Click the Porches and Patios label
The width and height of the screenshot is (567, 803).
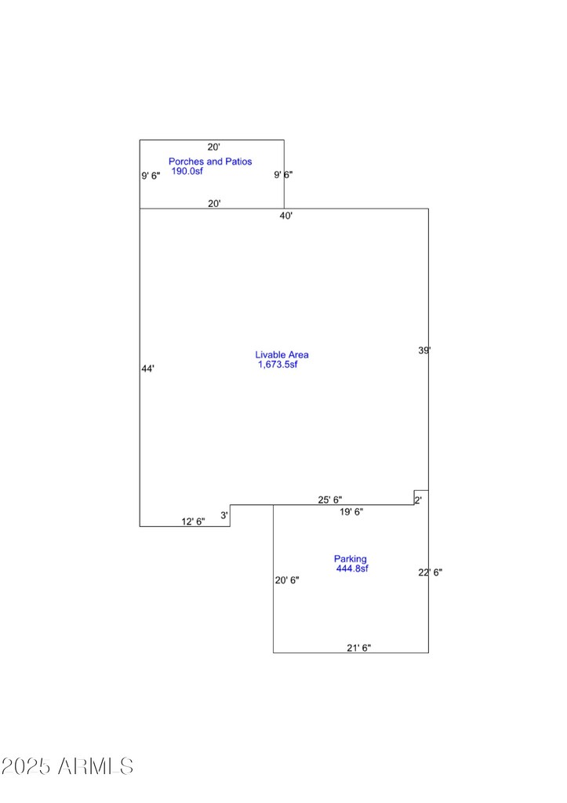(x=210, y=162)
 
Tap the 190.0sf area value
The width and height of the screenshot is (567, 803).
(x=187, y=171)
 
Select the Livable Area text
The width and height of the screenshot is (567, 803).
(x=282, y=354)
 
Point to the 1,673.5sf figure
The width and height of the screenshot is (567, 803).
(x=278, y=364)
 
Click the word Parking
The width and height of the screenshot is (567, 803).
(x=351, y=558)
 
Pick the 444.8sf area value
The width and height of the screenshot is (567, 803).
(x=352, y=569)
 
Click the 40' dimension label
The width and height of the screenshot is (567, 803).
(x=285, y=216)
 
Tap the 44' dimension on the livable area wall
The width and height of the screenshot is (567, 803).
(x=147, y=369)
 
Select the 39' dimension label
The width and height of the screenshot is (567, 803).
(x=424, y=351)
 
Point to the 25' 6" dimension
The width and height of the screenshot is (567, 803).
(x=330, y=500)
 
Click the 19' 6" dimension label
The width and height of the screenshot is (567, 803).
(x=351, y=511)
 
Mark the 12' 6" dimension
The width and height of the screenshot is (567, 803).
(x=193, y=521)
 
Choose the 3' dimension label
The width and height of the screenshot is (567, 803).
(x=224, y=515)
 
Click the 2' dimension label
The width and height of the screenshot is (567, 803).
(x=419, y=500)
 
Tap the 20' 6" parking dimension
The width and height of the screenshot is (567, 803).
(x=287, y=580)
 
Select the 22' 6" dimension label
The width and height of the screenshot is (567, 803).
(x=431, y=572)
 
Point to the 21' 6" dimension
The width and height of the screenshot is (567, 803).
(x=358, y=648)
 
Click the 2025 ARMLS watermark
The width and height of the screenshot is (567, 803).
(x=67, y=766)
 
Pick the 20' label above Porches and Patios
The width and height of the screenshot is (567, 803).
(x=213, y=147)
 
